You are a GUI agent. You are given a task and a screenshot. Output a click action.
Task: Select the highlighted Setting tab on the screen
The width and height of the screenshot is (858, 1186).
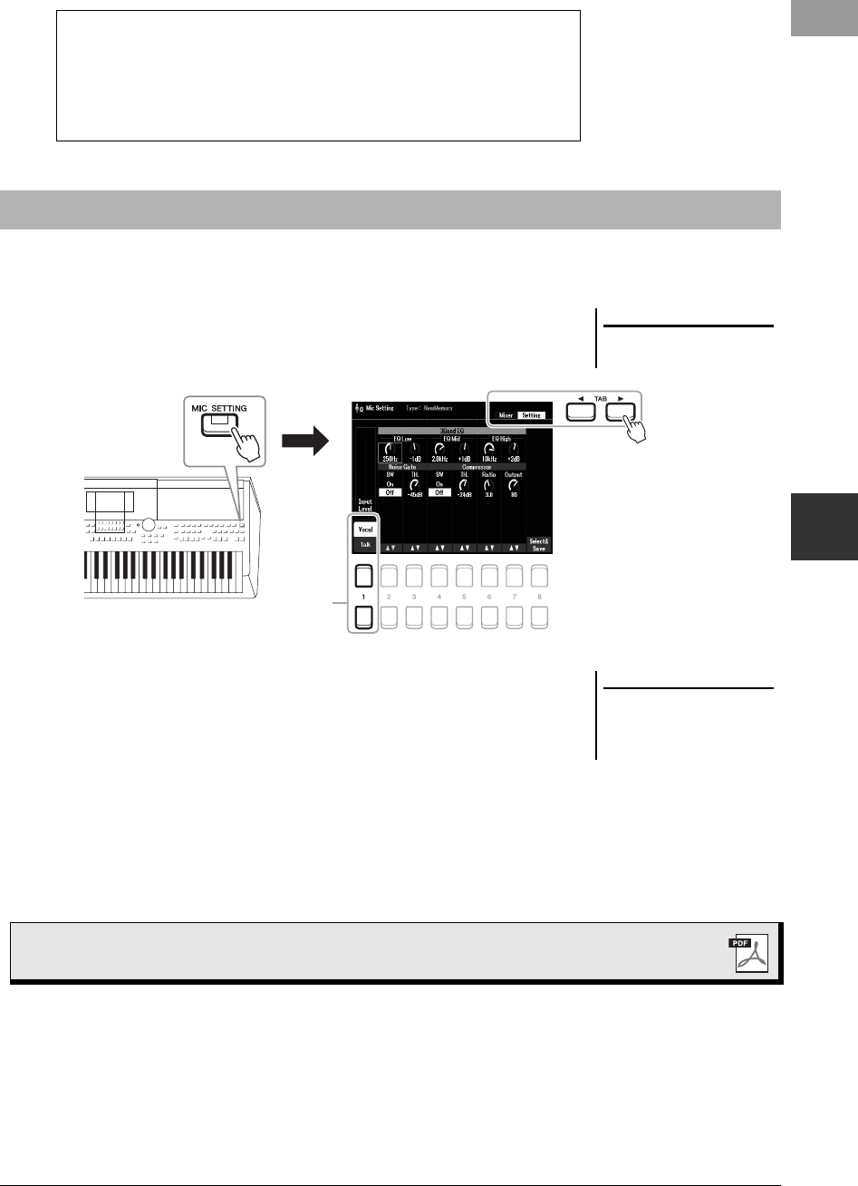[x=531, y=414]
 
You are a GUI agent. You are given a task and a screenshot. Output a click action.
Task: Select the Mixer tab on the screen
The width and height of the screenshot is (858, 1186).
[x=506, y=414]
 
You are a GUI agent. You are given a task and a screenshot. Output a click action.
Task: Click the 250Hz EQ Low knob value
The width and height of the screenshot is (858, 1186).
[x=390, y=460]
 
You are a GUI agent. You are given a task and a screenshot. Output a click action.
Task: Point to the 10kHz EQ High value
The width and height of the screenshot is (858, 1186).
[x=489, y=460]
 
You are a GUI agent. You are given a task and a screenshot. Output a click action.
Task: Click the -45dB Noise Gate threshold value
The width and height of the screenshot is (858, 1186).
[x=415, y=508]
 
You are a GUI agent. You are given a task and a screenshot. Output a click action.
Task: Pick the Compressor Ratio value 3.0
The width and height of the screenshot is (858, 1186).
[x=489, y=508]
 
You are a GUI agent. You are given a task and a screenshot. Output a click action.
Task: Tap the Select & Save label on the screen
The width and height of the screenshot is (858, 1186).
[x=540, y=545]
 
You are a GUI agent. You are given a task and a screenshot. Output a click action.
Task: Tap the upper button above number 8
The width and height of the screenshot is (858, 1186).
[x=540, y=576]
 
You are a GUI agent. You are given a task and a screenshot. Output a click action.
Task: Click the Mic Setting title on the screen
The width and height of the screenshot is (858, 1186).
[x=380, y=409]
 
